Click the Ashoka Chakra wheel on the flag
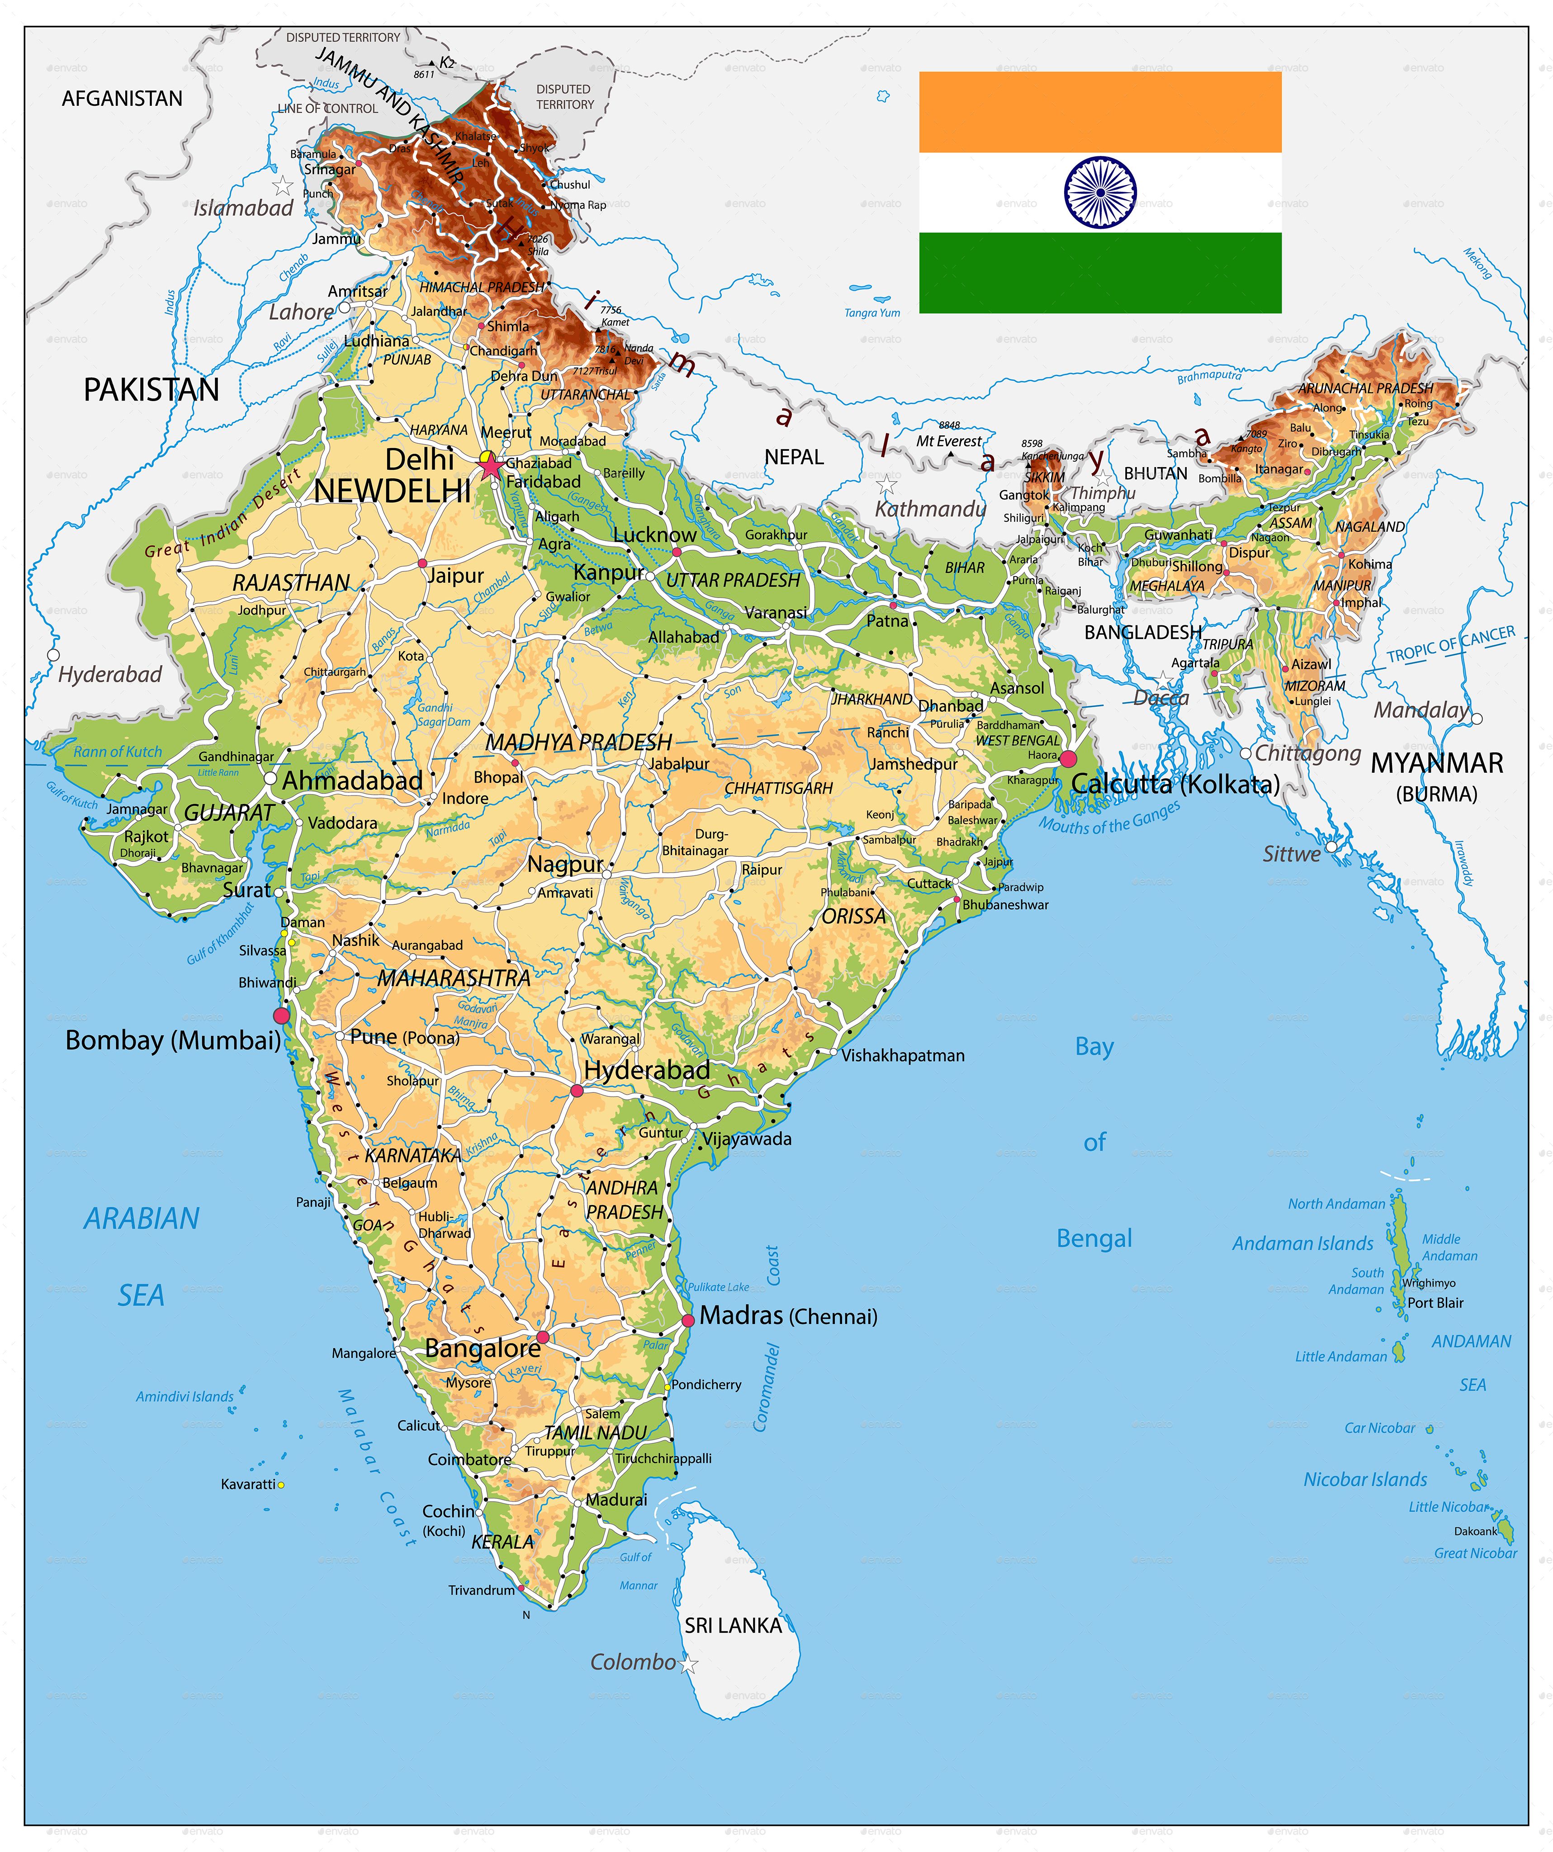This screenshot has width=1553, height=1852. point(1100,192)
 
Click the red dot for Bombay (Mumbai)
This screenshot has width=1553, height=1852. point(281,1016)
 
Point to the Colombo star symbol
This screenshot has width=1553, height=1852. point(689,1665)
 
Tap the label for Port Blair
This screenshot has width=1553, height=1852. point(1435,1303)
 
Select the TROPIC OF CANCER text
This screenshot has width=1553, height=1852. point(1451,645)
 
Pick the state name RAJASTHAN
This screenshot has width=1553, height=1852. point(291,583)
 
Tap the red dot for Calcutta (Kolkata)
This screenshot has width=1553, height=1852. point(1068,758)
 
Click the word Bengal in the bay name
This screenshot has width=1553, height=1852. point(1094,1238)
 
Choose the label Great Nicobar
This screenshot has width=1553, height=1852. point(1474,1553)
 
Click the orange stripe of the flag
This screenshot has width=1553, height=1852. point(1100,112)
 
